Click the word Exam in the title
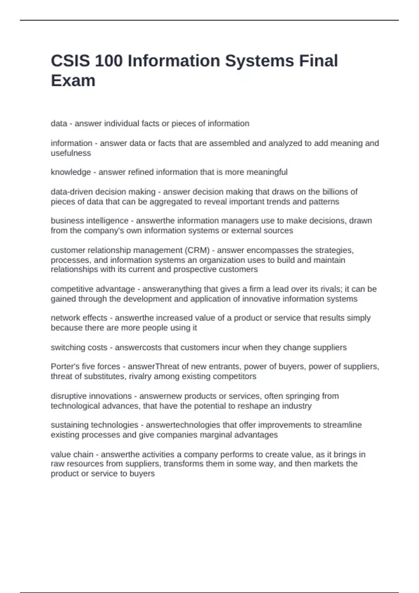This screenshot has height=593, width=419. (73, 81)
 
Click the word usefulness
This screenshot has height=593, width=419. (71, 153)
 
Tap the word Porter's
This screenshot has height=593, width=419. (63, 366)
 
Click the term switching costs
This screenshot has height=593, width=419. (79, 347)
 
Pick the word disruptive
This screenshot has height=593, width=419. (68, 396)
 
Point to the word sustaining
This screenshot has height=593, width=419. (69, 425)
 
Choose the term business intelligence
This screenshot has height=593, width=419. (89, 220)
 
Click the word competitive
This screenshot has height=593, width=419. (72, 289)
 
